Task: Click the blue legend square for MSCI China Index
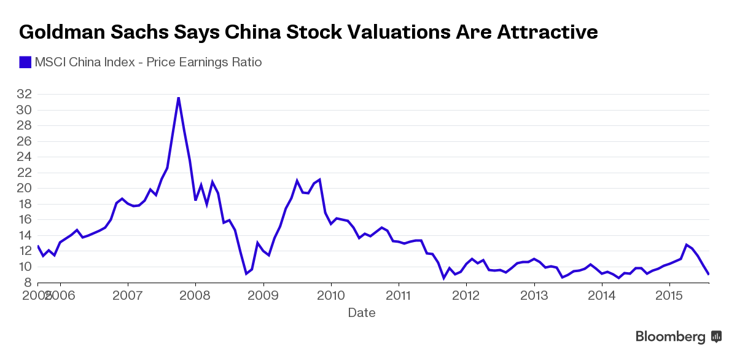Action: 25,62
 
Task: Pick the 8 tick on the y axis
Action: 28,283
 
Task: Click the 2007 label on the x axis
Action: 128,296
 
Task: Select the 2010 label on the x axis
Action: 331,296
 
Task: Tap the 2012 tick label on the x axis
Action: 466,296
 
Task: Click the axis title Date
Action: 362,313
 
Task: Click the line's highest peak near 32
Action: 179,98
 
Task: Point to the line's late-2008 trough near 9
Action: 246,273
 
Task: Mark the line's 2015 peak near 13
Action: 686,245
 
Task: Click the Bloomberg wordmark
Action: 670,337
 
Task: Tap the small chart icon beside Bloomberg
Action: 716,337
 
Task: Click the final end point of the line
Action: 709,274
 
